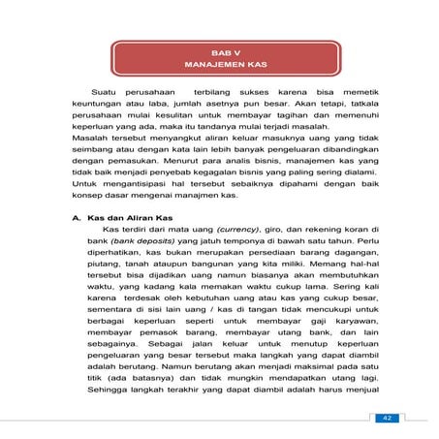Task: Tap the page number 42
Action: (x=386, y=417)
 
